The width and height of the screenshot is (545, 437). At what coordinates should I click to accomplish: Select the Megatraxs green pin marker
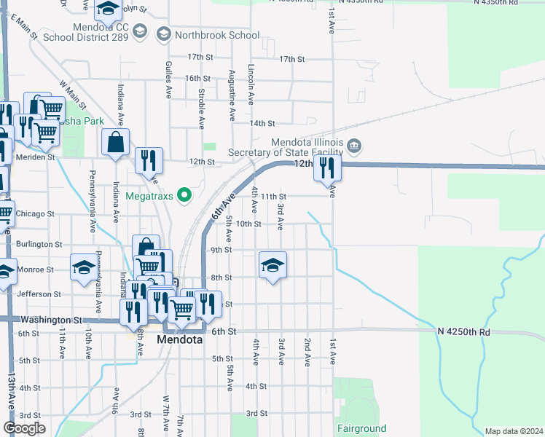(x=184, y=194)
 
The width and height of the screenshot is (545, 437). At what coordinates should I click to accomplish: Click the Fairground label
(x=361, y=429)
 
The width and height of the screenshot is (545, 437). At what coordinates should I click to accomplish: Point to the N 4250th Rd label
(x=464, y=331)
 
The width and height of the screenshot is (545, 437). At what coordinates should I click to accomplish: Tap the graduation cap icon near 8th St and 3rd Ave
(x=272, y=265)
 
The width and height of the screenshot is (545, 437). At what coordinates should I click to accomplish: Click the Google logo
(x=25, y=428)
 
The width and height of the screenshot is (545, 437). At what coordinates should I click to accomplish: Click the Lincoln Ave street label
(x=251, y=84)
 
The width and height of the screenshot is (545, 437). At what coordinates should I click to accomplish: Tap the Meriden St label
(x=35, y=157)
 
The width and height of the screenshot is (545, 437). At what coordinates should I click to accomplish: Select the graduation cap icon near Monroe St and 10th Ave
(x=84, y=267)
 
